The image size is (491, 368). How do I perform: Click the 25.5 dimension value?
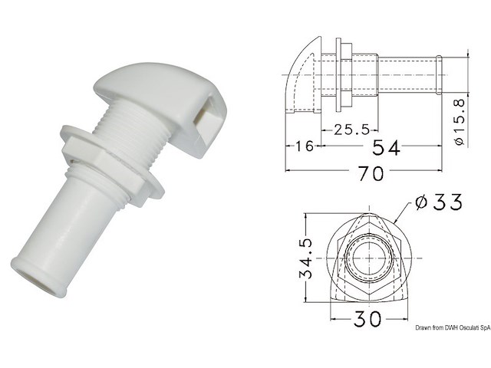click(352, 130)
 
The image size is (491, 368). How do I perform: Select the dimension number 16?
click(304, 146)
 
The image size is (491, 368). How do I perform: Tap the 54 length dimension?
click(386, 147)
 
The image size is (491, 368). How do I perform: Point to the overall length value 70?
click(371, 173)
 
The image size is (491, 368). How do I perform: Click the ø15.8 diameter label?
click(459, 122)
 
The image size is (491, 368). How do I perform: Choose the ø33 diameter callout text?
click(438, 202)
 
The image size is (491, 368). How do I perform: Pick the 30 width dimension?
click(367, 319)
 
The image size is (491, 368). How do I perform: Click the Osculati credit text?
click(453, 327)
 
